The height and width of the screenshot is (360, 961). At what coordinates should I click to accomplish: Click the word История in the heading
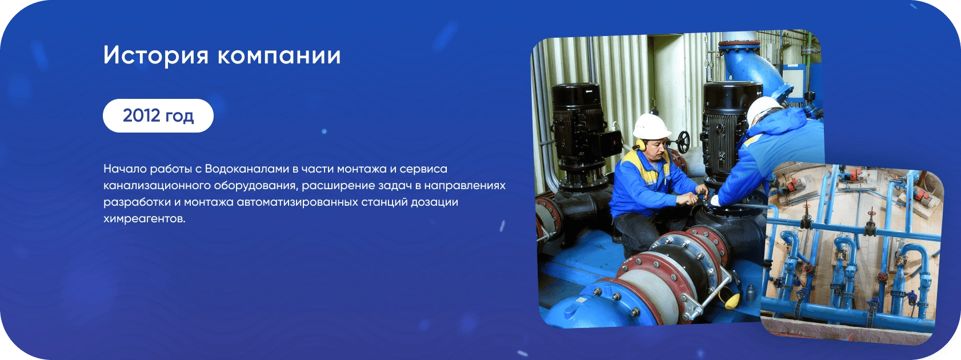point(156,56)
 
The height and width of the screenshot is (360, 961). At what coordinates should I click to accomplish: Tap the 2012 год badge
point(158,116)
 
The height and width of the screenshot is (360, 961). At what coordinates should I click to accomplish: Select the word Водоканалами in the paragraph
point(247,169)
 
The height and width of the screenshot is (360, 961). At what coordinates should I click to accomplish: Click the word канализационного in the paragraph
point(157,186)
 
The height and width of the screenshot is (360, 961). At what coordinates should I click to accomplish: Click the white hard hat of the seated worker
point(652,127)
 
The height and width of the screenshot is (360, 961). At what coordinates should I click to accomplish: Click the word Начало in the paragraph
point(125,169)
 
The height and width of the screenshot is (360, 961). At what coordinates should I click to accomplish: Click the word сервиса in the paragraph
point(423,169)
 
